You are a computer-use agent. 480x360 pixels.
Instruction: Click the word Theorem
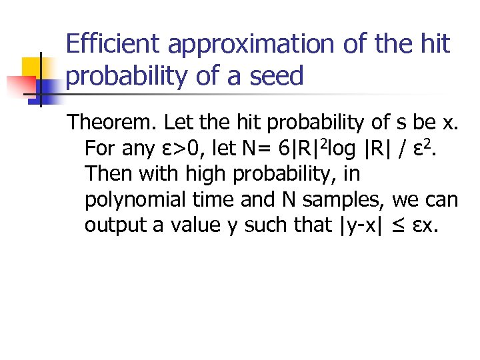112,123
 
